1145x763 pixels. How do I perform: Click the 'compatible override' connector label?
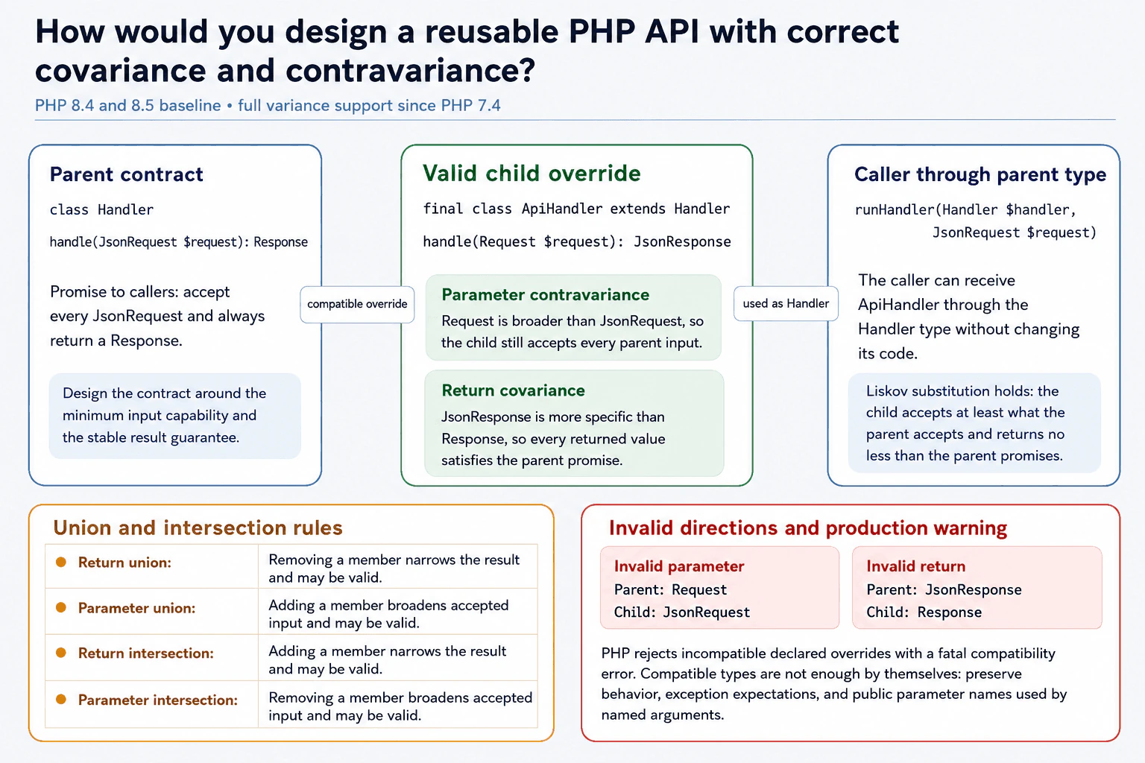coord(357,304)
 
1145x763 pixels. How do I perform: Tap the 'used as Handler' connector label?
coord(786,303)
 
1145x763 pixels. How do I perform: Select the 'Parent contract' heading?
coord(126,174)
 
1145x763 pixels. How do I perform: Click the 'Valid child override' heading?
coord(532,174)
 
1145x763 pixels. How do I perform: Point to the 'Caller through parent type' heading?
coord(980,175)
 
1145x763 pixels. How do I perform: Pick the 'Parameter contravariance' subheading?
coord(546,295)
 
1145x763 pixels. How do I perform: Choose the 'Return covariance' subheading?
coord(513,390)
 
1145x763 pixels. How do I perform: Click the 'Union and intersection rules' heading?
coord(198,528)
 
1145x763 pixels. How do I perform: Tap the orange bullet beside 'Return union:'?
coord(61,562)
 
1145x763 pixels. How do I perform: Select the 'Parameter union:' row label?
coord(136,608)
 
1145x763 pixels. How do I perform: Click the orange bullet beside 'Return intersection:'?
coord(61,653)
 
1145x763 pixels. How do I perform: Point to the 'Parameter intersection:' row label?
coord(158,700)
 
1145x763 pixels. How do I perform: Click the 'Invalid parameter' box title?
coord(679,566)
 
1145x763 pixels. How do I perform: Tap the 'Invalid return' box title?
coord(916,566)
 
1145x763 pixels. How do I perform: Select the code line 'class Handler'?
coord(101,210)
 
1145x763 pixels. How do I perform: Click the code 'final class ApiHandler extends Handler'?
coord(576,209)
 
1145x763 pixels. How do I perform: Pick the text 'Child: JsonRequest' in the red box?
coord(682,612)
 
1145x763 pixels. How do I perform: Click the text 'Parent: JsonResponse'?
coord(944,589)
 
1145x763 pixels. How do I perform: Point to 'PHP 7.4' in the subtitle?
coord(471,106)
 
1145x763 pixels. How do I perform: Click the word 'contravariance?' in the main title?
coord(411,71)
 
